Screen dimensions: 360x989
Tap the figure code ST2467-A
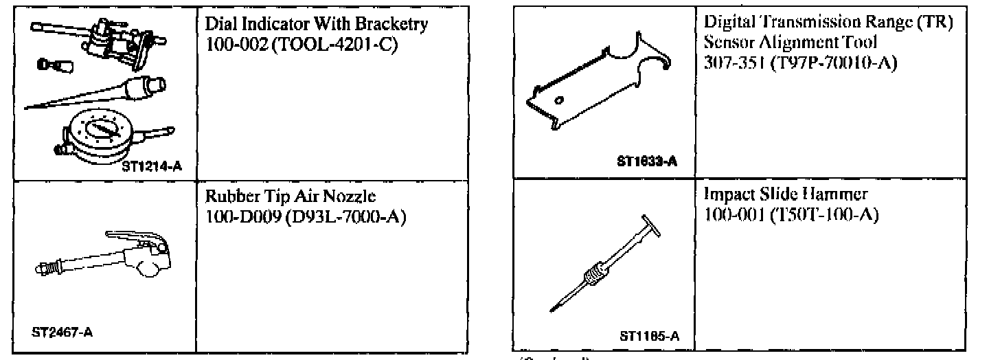(x=62, y=332)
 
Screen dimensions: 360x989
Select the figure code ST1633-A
(x=646, y=162)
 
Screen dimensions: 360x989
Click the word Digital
(x=729, y=25)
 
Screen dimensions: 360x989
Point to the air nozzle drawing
(x=103, y=258)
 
